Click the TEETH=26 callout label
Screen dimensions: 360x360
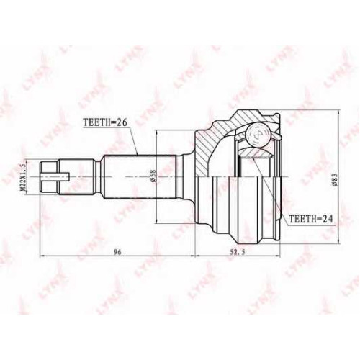coord(104,122)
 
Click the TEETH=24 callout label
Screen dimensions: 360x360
coord(310,218)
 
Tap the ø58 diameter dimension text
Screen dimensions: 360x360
coord(153,177)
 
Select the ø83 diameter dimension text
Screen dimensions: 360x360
coord(335,179)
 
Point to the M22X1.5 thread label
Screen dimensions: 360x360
coord(23,177)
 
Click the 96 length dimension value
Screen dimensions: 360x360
coord(117,252)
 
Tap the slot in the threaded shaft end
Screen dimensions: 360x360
coord(55,177)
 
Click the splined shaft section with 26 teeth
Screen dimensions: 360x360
coord(140,177)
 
